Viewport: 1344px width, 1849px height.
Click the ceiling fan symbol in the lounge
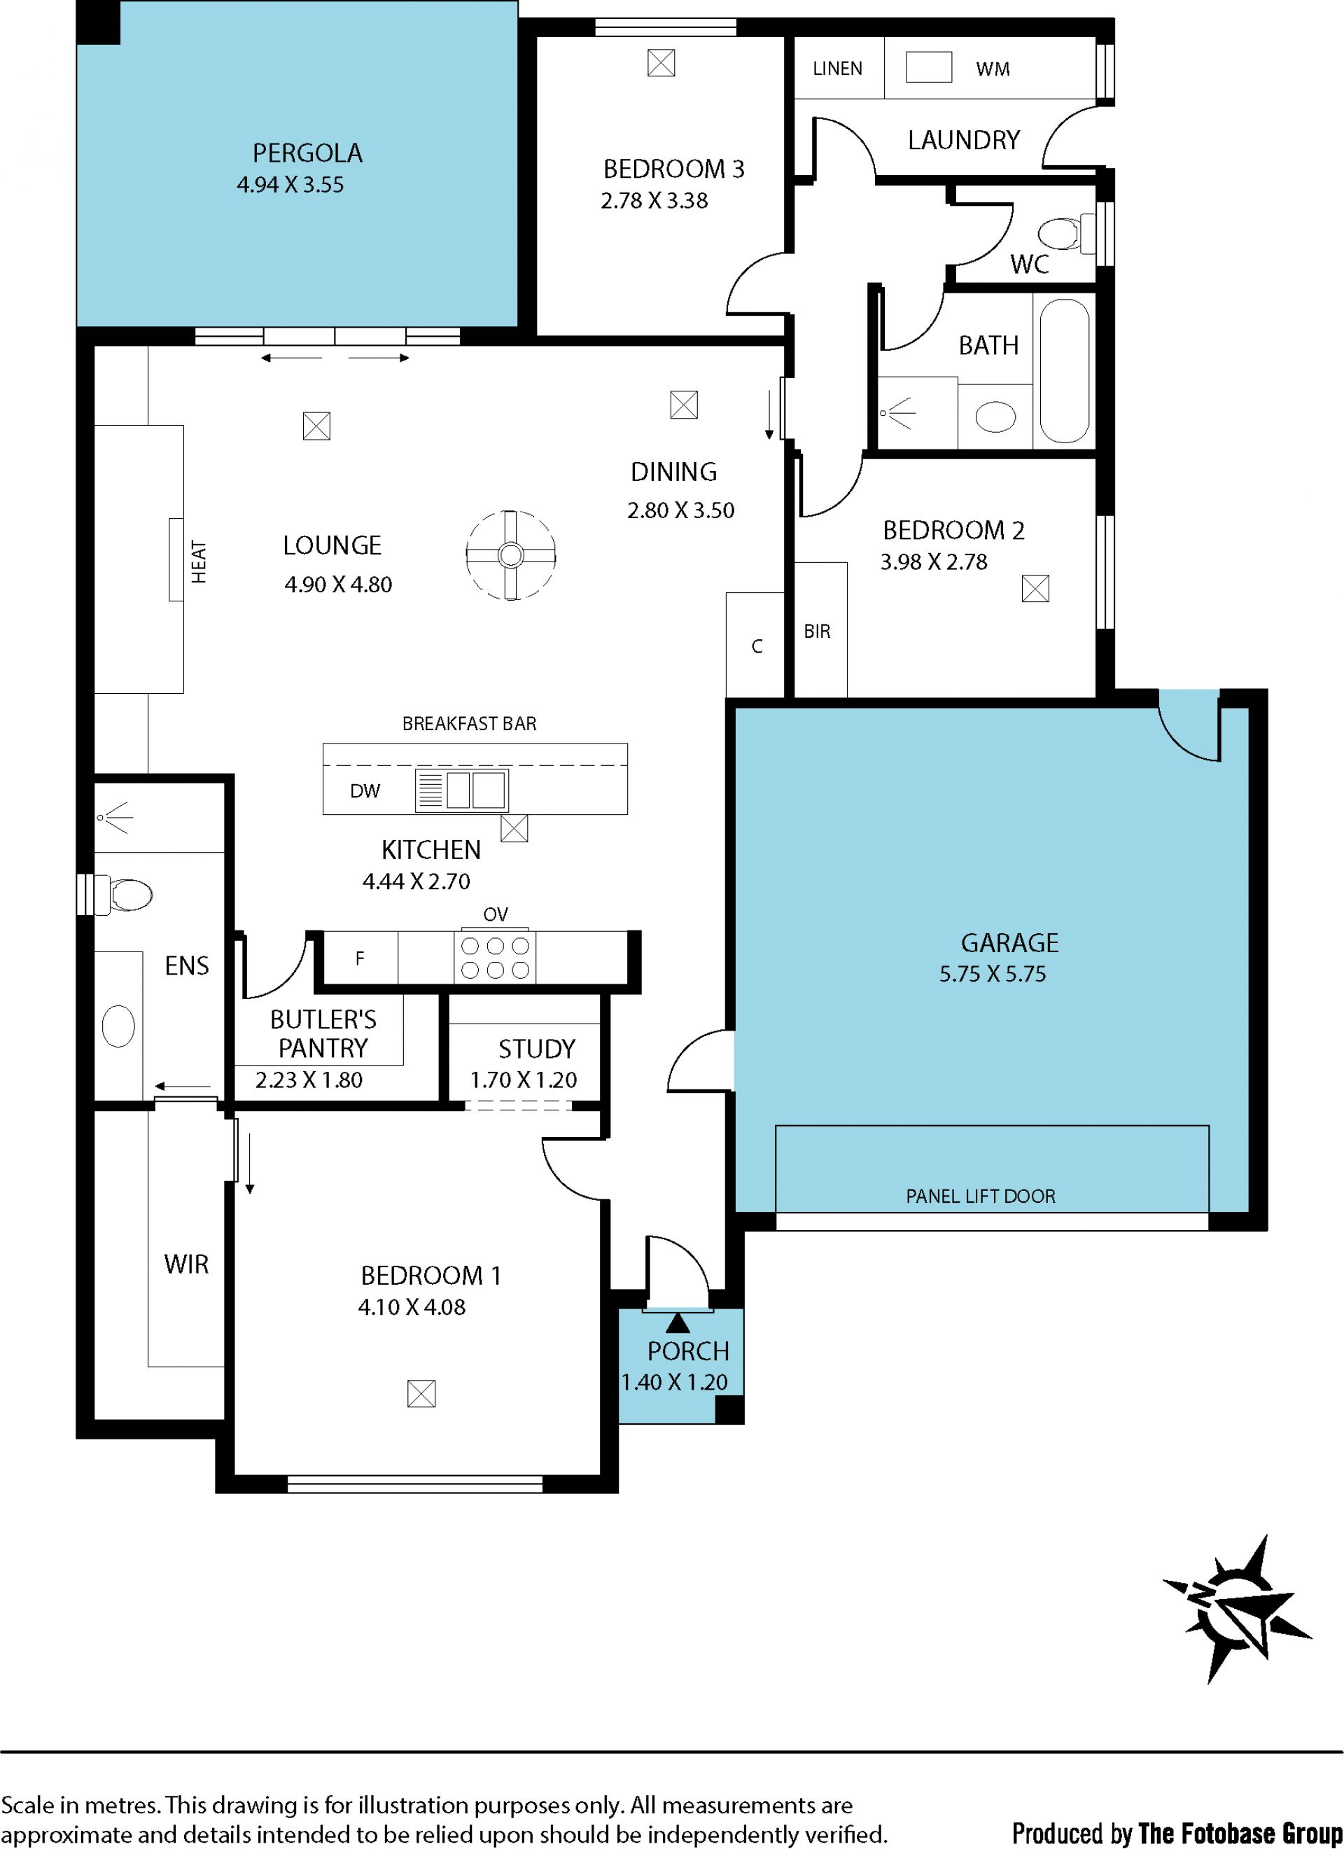click(511, 555)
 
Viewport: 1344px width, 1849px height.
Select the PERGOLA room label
click(307, 153)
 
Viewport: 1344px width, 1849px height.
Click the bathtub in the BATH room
click(1065, 371)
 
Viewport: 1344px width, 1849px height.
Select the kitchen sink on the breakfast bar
click(461, 790)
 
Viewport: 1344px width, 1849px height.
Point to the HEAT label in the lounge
click(199, 561)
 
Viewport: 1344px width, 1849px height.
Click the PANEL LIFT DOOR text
click(981, 1196)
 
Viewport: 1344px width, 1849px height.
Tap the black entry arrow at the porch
click(678, 1323)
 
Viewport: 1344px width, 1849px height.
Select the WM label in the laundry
click(993, 69)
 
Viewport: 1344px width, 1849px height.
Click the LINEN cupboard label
click(837, 69)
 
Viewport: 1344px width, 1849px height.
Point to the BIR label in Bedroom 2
click(817, 631)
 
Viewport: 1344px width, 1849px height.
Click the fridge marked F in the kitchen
click(359, 958)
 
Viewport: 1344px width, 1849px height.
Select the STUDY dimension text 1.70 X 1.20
click(524, 1080)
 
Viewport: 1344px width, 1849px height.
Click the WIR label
click(187, 1264)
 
